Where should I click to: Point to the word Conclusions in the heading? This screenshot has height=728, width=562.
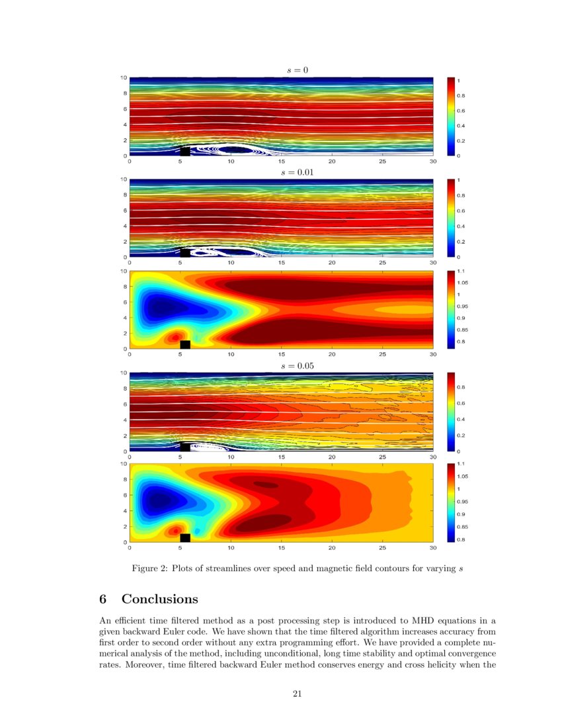[x=159, y=600]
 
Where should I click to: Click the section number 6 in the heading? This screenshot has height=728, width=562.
[x=103, y=600]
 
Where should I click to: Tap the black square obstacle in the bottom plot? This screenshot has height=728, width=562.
[x=185, y=538]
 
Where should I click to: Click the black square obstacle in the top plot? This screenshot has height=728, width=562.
[x=185, y=152]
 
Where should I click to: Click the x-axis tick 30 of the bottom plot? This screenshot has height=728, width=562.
[x=432, y=548]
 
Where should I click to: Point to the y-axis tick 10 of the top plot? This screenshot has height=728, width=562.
[x=123, y=77]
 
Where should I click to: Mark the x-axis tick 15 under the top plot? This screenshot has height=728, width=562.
[x=282, y=161]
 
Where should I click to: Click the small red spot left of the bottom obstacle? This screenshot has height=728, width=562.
[x=175, y=530]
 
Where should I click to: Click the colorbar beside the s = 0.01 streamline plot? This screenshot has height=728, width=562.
[x=451, y=218]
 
